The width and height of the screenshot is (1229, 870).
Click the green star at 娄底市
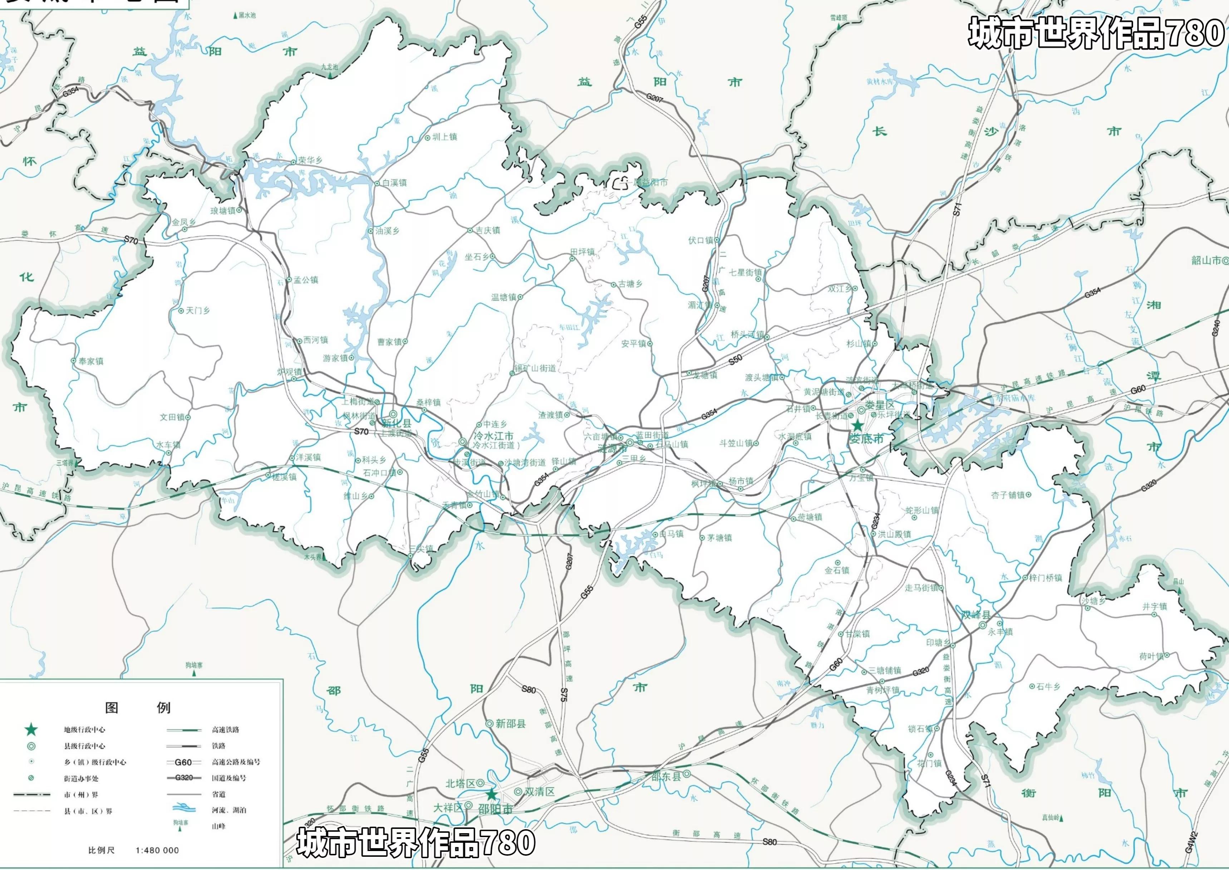click(857, 425)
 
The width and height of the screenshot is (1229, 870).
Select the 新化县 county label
click(397, 423)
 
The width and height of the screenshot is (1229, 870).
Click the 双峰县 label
click(976, 615)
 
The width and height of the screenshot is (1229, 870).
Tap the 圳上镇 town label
click(444, 137)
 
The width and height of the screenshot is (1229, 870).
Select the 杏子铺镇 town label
click(1007, 495)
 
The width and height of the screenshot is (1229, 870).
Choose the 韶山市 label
click(1205, 260)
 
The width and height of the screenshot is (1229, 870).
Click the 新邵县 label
click(510, 724)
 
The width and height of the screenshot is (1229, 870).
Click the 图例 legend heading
click(138, 708)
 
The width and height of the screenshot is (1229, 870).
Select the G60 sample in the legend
click(183, 762)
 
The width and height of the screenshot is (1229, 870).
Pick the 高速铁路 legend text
click(225, 730)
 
